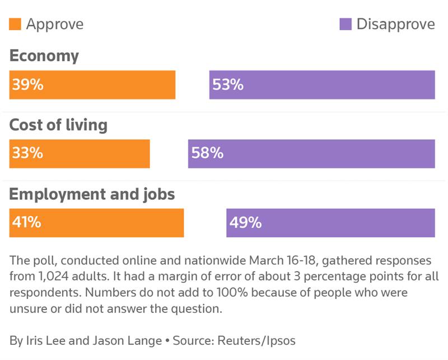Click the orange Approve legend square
pyautogui.click(x=15, y=24)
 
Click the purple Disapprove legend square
pyautogui.click(x=346, y=24)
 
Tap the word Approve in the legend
pyautogui.click(x=54, y=24)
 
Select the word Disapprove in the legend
pyautogui.click(x=395, y=24)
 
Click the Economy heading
pyautogui.click(x=44, y=56)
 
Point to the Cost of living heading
pyautogui.click(x=58, y=125)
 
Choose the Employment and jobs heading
pyautogui.click(x=92, y=194)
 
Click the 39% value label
pyautogui.click(x=27, y=85)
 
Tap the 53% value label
pyautogui.click(x=228, y=85)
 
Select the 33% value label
pyautogui.click(x=27, y=153)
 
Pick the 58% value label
pyautogui.click(x=207, y=153)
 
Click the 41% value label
pyautogui.click(x=26, y=223)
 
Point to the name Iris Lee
pyautogui.click(x=43, y=340)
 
